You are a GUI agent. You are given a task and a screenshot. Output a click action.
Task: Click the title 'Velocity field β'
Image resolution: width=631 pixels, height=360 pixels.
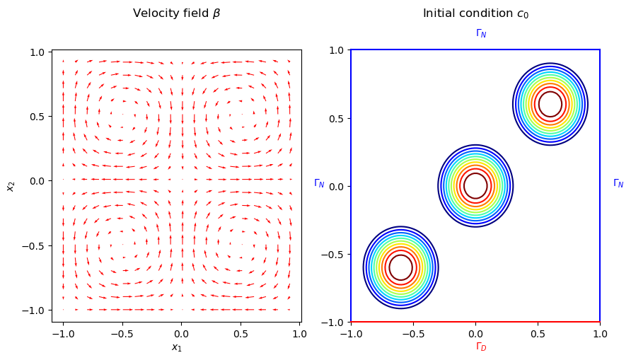[x=176, y=13]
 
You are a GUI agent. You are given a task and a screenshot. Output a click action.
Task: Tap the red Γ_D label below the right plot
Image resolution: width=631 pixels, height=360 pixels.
[x=481, y=347]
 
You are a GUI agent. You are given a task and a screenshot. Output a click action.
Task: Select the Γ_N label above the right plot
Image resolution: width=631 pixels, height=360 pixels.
[x=481, y=33]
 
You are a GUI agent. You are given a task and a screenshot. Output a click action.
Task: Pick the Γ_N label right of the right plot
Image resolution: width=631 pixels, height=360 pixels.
[x=618, y=183]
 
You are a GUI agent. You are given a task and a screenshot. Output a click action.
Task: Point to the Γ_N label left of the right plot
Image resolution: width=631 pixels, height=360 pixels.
[x=319, y=183]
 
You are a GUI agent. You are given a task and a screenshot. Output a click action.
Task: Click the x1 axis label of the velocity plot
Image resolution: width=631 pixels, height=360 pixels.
[x=176, y=347]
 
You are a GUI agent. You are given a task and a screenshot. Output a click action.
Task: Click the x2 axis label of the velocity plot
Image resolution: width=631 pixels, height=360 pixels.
[x=11, y=186]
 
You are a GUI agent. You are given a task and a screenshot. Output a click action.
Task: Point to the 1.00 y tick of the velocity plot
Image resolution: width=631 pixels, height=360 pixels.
[x=36, y=52]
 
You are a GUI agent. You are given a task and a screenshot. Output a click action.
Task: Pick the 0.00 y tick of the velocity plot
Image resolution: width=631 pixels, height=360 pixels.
[x=36, y=181]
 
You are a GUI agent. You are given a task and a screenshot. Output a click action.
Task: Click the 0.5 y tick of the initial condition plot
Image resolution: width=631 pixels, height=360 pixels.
[x=335, y=118]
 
